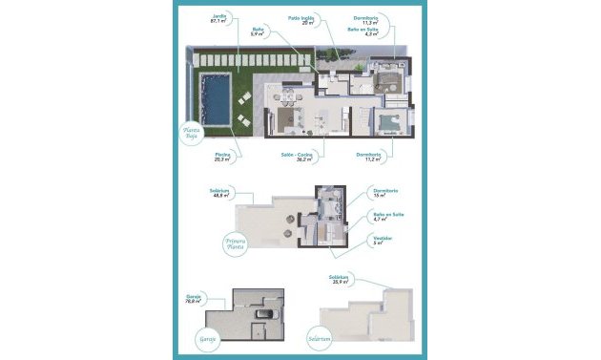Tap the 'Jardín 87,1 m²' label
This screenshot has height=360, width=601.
[220, 19]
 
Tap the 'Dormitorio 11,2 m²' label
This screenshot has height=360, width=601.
[369, 157]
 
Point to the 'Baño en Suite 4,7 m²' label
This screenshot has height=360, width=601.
[385, 217]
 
